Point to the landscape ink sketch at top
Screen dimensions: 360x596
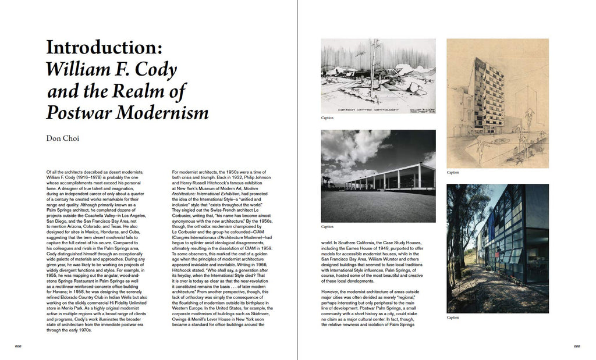(x=378, y=76)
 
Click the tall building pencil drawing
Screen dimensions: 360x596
(x=497, y=103)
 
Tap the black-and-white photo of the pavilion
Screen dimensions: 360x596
(x=378, y=175)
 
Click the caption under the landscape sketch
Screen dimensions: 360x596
(x=327, y=118)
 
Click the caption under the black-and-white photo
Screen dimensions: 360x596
(x=327, y=227)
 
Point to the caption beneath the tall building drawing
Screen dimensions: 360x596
(x=453, y=173)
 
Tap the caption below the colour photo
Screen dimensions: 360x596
(x=453, y=318)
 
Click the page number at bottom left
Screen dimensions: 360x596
(x=18, y=346)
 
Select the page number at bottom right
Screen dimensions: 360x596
(x=577, y=346)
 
